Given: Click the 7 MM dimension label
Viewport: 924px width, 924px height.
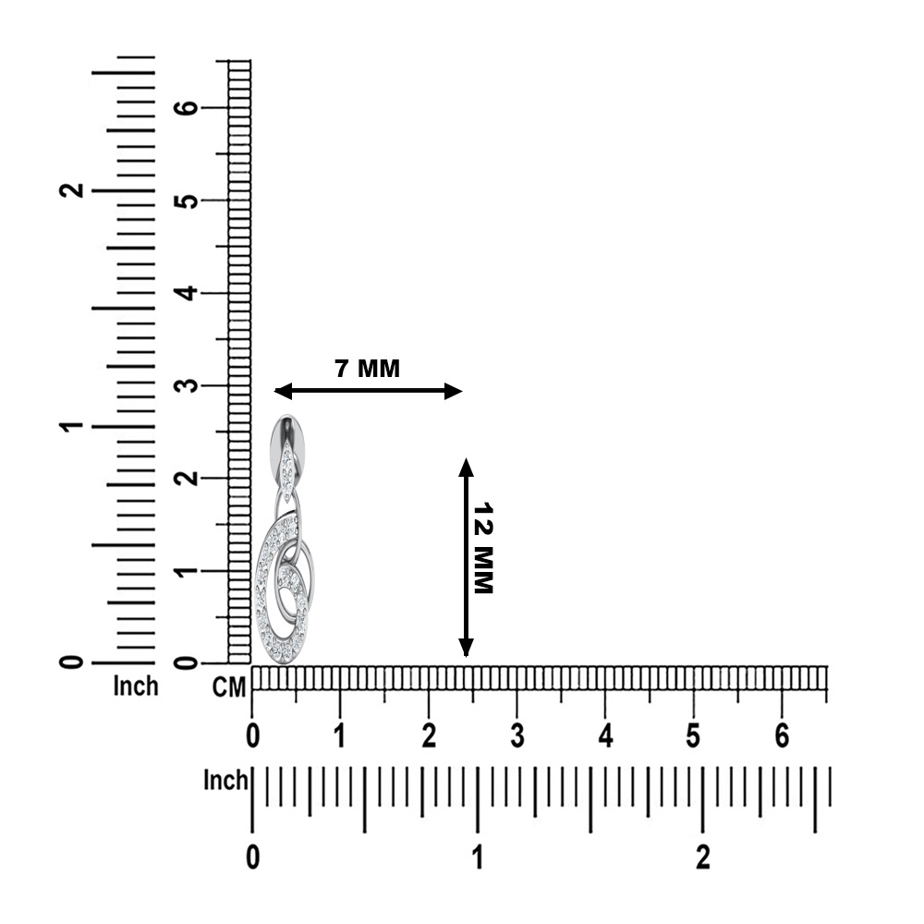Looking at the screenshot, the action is click(x=367, y=369).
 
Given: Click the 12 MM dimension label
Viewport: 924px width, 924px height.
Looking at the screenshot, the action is click(x=483, y=548).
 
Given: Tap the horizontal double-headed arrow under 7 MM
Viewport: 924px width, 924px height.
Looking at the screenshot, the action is click(x=369, y=391).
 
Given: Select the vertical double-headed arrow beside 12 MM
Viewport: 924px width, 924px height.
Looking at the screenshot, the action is click(x=466, y=557).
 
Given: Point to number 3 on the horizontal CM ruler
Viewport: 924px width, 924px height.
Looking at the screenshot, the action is click(x=517, y=736).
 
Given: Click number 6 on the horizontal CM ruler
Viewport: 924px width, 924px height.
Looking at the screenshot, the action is click(x=782, y=736).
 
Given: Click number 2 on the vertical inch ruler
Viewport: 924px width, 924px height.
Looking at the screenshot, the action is click(x=72, y=190).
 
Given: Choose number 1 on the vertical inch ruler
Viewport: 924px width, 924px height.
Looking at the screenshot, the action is click(x=72, y=426).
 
